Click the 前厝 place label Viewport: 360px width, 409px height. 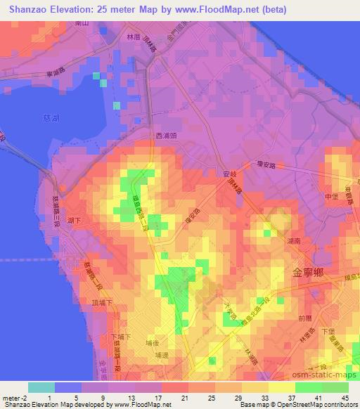304,318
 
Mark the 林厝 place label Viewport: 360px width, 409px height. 134,37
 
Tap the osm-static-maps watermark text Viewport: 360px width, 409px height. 329,378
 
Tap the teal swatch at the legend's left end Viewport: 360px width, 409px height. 41,387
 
